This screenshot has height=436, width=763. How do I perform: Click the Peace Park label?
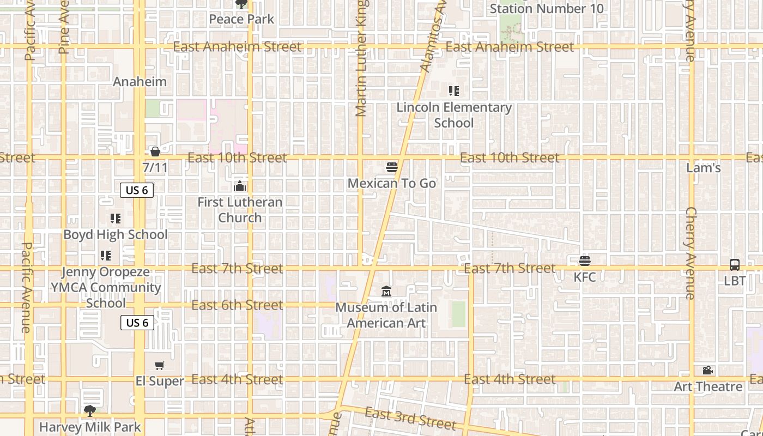point(241,20)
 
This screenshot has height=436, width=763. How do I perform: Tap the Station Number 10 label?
point(547,9)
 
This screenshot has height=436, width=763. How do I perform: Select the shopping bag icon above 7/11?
point(155,152)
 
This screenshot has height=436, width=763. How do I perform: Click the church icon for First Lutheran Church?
point(240,186)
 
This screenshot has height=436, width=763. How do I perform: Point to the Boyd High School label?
point(116,235)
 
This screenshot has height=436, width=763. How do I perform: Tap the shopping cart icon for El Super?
point(159,366)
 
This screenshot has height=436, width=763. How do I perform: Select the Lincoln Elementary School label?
point(454,115)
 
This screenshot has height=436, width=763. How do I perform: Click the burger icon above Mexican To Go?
point(392,167)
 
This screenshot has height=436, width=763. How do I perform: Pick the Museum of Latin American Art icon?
point(386,292)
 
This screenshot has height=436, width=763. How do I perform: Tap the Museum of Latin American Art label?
point(386,315)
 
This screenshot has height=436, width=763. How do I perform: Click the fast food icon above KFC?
point(585,261)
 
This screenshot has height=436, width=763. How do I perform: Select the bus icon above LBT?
point(735,265)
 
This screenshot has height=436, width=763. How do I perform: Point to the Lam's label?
point(704,168)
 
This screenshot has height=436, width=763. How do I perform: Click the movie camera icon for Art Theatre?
point(708,371)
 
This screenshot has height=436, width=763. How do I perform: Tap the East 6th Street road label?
point(237,305)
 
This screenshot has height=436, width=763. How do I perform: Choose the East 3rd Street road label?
point(410,419)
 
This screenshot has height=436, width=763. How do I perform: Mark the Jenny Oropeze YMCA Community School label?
point(106,287)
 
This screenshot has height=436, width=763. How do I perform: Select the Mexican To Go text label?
point(392,184)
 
